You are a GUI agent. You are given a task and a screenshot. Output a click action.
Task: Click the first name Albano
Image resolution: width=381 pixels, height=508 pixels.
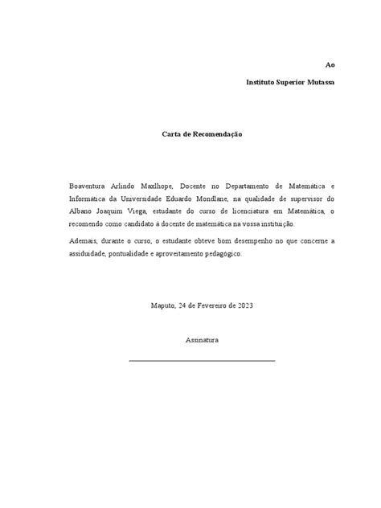pos(83,211)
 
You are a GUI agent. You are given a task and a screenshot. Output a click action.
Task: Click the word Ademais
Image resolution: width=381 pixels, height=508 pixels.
pos(85,240)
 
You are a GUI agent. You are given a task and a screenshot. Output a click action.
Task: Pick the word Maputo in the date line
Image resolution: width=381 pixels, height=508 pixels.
pos(164,305)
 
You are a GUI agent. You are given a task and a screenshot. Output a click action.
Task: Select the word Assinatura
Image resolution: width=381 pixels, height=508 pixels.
pos(202,340)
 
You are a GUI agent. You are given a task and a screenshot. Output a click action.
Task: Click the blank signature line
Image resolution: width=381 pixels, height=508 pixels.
pos(202,360)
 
